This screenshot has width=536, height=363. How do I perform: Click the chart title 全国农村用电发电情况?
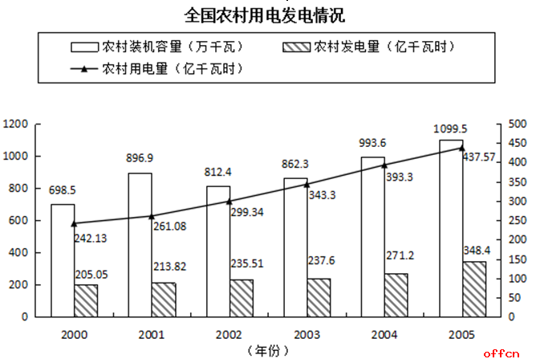268,14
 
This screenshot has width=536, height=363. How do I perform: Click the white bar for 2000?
63,260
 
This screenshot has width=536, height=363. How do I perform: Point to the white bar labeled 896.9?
140,244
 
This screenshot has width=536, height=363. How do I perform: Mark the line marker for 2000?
74,223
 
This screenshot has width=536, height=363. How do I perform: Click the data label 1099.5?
451,128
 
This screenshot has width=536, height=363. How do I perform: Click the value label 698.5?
63,191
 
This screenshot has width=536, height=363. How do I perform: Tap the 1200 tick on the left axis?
15,124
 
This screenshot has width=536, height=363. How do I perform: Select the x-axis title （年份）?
267,351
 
